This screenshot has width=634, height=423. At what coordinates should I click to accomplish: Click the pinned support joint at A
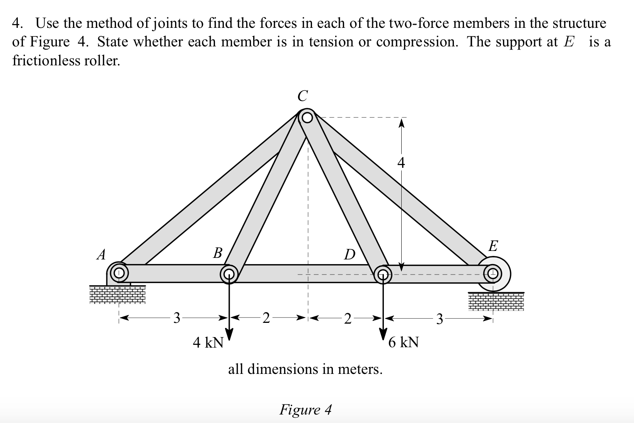119,273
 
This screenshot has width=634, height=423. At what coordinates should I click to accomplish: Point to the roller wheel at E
493,273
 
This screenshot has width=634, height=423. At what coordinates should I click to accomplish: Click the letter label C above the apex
303,96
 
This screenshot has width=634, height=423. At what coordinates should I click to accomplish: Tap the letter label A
101,255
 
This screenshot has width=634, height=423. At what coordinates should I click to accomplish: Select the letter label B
218,253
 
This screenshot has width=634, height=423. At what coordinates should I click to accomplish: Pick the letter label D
349,255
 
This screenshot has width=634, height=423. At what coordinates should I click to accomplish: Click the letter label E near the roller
493,246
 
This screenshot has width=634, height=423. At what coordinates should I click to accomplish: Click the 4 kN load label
208,343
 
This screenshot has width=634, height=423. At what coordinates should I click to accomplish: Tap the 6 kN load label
404,343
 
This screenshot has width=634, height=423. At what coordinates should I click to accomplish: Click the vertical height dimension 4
401,164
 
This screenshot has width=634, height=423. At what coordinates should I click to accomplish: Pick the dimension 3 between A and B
177,319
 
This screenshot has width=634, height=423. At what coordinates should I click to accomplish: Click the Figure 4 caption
305,409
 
